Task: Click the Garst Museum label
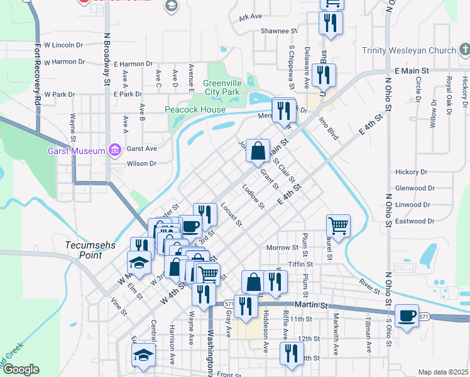(x=77, y=151)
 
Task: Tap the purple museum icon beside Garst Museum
(x=114, y=150)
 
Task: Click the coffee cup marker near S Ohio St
(x=407, y=315)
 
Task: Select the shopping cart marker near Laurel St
(x=338, y=225)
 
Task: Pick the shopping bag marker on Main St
(x=258, y=151)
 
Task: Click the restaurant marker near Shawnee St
(x=330, y=23)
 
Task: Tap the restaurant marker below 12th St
(x=290, y=353)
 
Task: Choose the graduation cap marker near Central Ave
(x=143, y=355)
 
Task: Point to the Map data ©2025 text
(x=443, y=372)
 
